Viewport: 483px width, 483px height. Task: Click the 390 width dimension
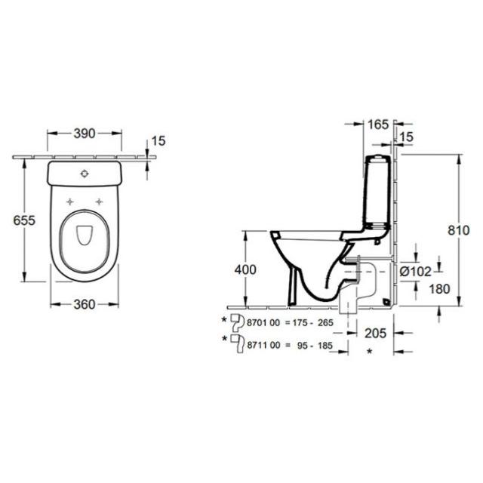[x=85, y=134]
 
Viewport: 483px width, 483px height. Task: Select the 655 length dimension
[x=24, y=220]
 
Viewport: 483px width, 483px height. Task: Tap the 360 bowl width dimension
[x=85, y=305]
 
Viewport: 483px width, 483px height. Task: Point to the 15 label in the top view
[x=158, y=141]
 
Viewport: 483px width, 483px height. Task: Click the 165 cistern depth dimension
[x=378, y=125]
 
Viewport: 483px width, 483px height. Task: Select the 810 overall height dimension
[x=458, y=230]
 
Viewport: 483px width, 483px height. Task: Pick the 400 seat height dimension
[x=245, y=270]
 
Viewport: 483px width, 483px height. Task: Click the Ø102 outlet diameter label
[x=416, y=272]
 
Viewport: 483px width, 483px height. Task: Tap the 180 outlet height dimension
[x=439, y=289]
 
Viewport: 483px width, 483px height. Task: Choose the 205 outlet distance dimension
[x=375, y=334]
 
